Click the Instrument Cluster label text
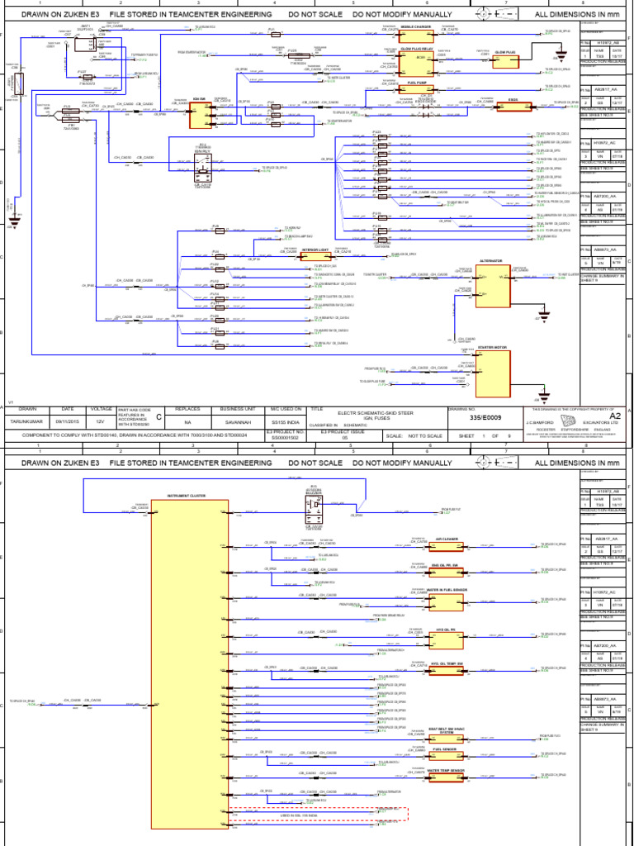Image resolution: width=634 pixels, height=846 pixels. pyautogui.click(x=187, y=496)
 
